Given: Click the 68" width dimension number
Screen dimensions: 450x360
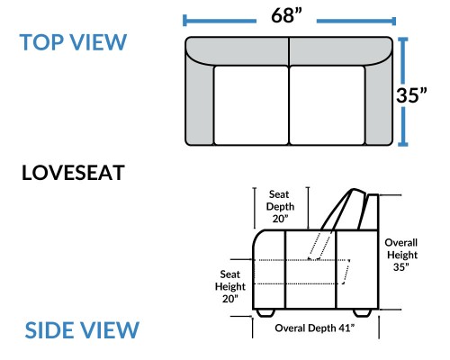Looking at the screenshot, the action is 286,15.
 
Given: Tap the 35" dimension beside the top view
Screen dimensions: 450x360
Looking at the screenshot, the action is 411,94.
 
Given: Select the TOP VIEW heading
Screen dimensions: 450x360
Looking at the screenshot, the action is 73,42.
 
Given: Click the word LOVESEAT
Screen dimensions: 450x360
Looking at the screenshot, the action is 73,173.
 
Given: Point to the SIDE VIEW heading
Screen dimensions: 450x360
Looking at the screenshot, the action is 82,330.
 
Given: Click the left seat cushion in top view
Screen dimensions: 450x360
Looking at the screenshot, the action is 251,105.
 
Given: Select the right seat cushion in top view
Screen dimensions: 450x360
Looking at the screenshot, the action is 328,105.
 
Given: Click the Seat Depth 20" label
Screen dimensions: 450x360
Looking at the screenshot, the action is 280,206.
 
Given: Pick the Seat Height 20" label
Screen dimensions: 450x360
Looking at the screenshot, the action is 230,286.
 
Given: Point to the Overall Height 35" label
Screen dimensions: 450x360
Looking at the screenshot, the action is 401,255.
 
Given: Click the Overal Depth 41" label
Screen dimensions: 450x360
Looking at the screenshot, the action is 314,328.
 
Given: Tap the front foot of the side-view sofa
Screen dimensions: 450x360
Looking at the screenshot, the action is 265,313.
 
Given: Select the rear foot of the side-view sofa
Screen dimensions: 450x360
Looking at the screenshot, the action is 362,313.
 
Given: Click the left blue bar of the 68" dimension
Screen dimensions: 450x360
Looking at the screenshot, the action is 220,21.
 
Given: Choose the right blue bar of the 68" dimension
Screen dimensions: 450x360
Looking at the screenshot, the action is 356,21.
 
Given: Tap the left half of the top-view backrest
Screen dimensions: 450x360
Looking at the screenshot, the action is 237,50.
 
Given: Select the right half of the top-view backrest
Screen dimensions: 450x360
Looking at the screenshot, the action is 341,50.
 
